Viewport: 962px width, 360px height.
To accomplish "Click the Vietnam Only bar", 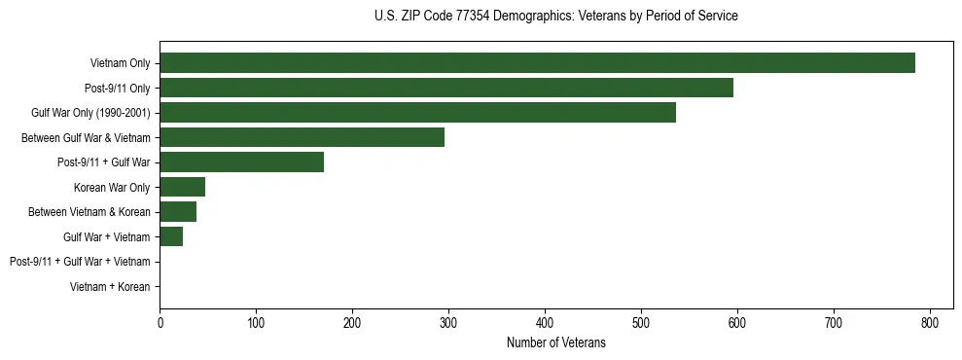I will click(x=537, y=63).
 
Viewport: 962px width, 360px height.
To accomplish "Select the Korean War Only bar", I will click(x=182, y=187).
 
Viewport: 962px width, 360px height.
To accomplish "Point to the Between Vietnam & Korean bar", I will click(x=178, y=212).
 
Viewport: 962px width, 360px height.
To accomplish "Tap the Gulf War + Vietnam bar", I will click(x=171, y=236).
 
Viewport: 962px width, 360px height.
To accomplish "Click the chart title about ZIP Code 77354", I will click(x=555, y=17).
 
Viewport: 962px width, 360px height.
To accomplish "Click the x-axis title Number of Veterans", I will click(x=555, y=342).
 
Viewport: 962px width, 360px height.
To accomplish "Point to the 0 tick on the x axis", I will click(x=160, y=323).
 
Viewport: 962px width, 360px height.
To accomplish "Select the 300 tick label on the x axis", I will click(x=448, y=323).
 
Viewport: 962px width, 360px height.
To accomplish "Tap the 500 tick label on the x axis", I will click(x=641, y=323).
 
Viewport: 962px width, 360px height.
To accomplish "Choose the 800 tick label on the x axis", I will click(x=930, y=323).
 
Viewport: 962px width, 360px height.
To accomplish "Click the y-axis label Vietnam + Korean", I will click(x=110, y=287).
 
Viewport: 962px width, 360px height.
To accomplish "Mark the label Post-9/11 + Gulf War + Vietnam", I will click(x=80, y=262).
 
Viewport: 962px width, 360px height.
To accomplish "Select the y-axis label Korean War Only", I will click(x=111, y=187).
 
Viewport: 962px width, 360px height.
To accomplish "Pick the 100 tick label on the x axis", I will click(x=256, y=323).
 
